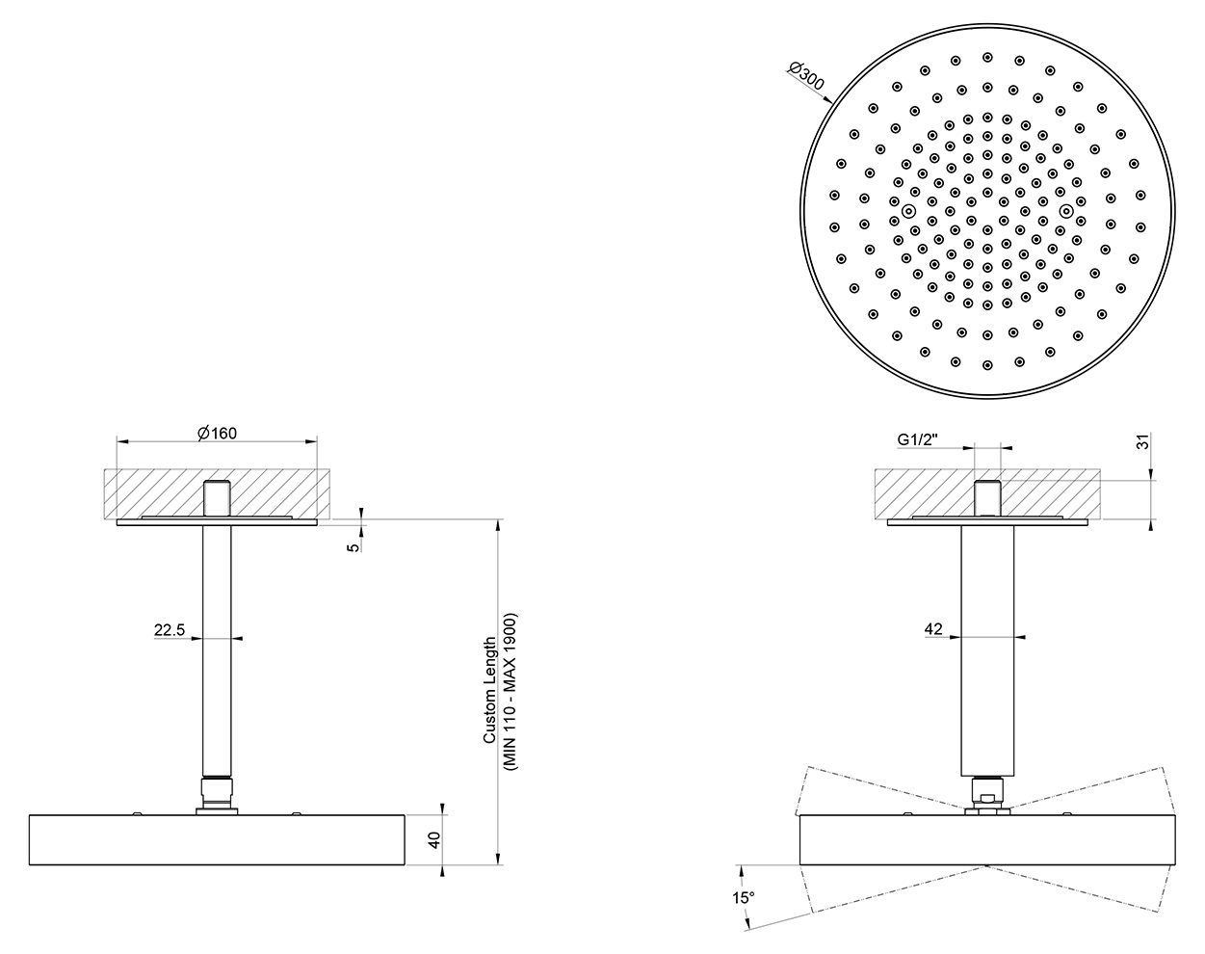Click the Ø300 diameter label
click(806, 77)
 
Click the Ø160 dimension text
click(218, 433)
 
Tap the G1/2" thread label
click(917, 439)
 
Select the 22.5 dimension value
click(170, 630)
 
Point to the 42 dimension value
click(933, 629)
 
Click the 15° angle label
click(743, 898)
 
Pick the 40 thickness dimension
click(434, 839)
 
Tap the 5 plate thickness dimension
click(354, 546)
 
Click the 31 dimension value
click(1143, 441)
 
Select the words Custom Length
click(490, 690)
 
